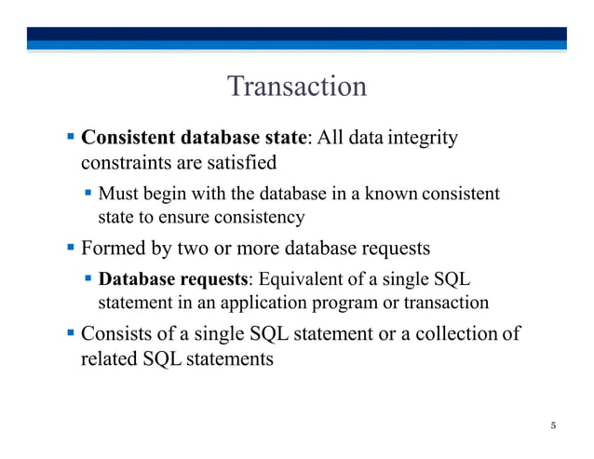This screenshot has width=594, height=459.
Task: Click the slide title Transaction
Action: click(297, 87)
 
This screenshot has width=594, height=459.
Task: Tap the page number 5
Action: click(553, 426)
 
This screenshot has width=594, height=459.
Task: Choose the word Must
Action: click(117, 195)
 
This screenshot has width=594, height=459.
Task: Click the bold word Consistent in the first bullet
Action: click(130, 139)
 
